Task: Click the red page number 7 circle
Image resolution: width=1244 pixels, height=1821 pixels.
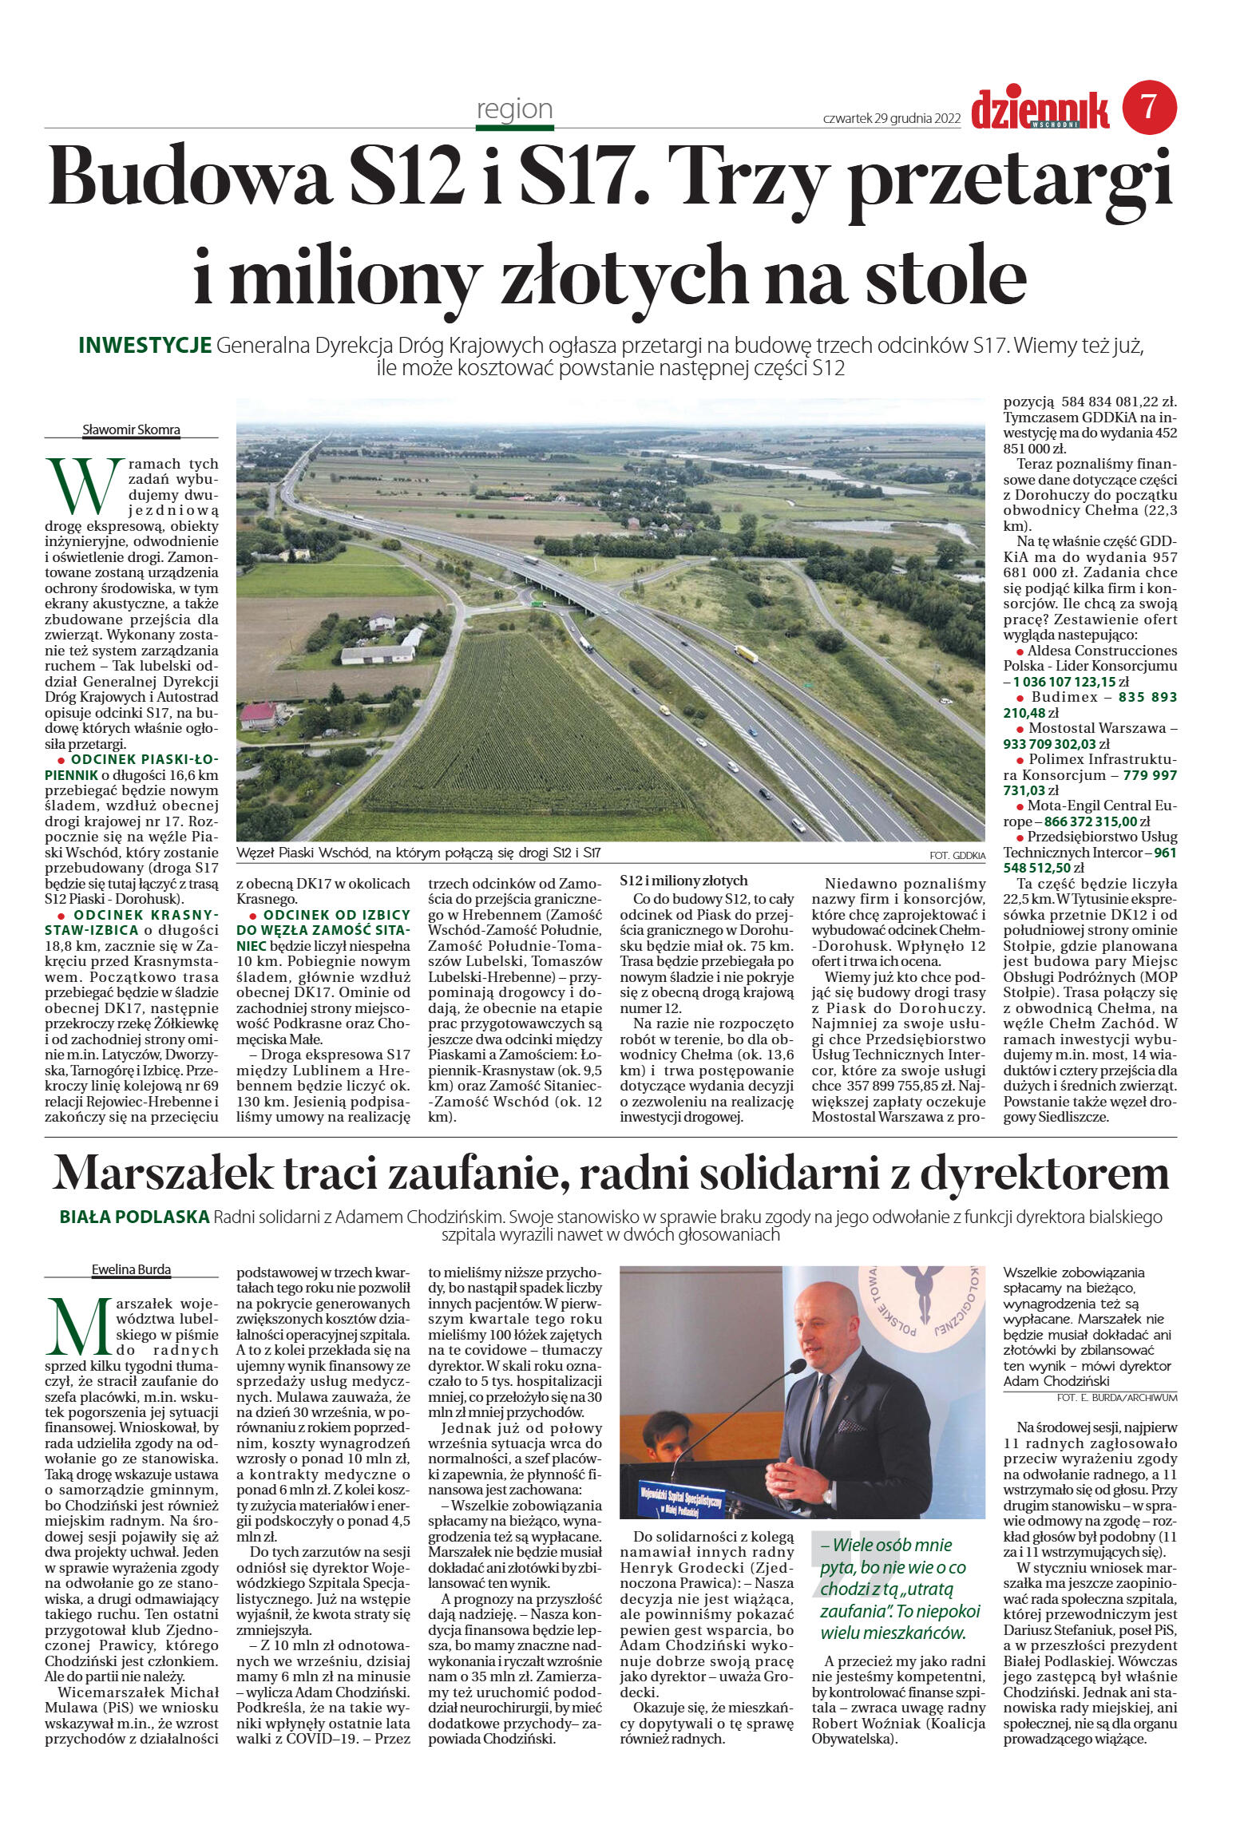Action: point(1149,108)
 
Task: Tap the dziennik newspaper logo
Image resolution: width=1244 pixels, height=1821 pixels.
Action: point(1040,109)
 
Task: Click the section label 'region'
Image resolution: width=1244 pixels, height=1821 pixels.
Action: point(514,109)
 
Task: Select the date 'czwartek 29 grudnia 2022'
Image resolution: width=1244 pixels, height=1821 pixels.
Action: point(891,118)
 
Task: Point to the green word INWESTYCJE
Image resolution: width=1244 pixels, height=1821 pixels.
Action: point(145,346)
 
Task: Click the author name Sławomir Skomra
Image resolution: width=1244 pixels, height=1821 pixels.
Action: point(132,430)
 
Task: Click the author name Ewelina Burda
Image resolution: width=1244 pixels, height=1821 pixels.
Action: point(131,1269)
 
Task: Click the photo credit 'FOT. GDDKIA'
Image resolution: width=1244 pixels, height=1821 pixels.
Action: point(957,855)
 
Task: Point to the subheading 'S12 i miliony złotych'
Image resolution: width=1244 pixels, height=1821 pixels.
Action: point(683,881)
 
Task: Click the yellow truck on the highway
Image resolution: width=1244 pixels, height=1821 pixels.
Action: point(745,653)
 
